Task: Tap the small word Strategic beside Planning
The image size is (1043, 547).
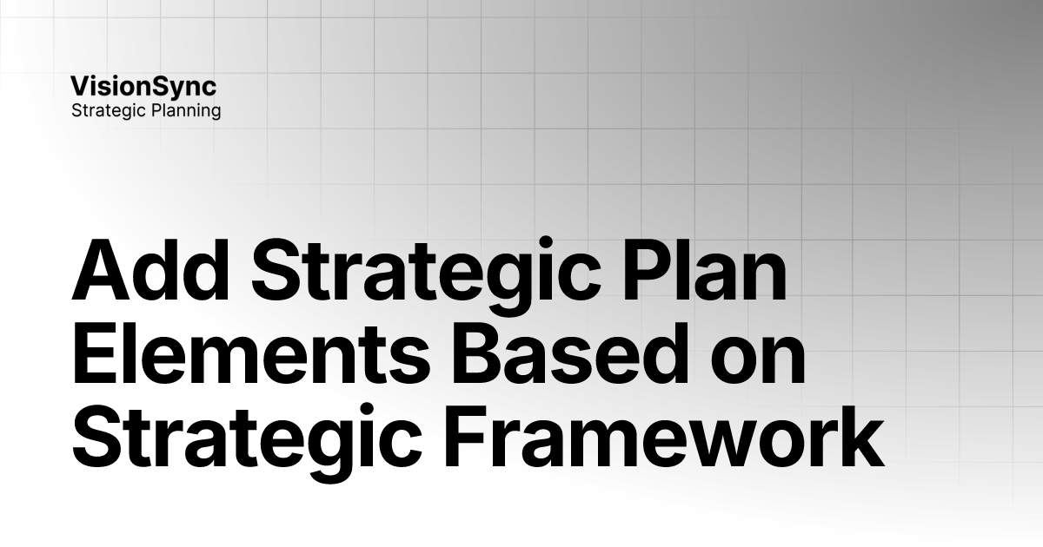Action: click(107, 111)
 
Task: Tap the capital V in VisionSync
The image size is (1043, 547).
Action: click(79, 86)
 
